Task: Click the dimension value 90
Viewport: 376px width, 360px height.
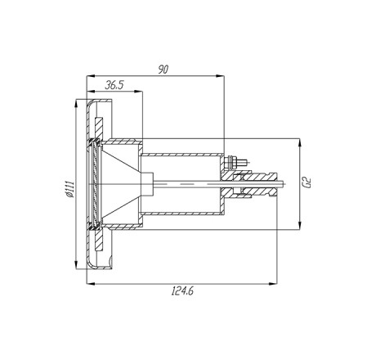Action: tap(163, 70)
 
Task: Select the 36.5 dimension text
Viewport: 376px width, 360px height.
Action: tap(114, 85)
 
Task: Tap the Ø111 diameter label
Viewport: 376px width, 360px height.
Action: tap(70, 188)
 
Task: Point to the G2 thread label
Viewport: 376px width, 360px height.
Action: tap(308, 182)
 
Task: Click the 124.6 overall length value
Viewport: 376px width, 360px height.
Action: tap(182, 291)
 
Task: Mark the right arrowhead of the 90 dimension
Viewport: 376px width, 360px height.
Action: tap(220, 76)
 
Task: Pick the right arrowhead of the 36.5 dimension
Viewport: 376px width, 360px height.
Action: tap(138, 92)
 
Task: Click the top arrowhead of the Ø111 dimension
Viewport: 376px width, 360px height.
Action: tap(76, 104)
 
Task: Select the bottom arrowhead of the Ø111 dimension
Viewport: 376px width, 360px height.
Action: tap(76, 265)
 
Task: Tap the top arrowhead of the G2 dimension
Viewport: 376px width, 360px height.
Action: tap(299, 142)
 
